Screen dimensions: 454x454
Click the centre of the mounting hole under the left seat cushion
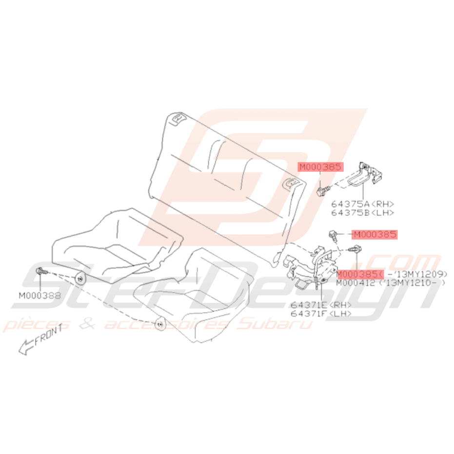(x=80, y=279)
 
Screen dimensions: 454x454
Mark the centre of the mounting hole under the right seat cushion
(x=159, y=324)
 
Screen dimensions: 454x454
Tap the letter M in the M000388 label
(x=22, y=296)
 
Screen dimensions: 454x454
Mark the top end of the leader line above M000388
(x=39, y=274)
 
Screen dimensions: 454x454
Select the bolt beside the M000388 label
(x=41, y=271)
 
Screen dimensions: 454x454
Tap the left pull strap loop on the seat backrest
(x=178, y=118)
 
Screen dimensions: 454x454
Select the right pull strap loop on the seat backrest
(x=290, y=183)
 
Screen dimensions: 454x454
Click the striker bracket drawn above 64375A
(x=364, y=174)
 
